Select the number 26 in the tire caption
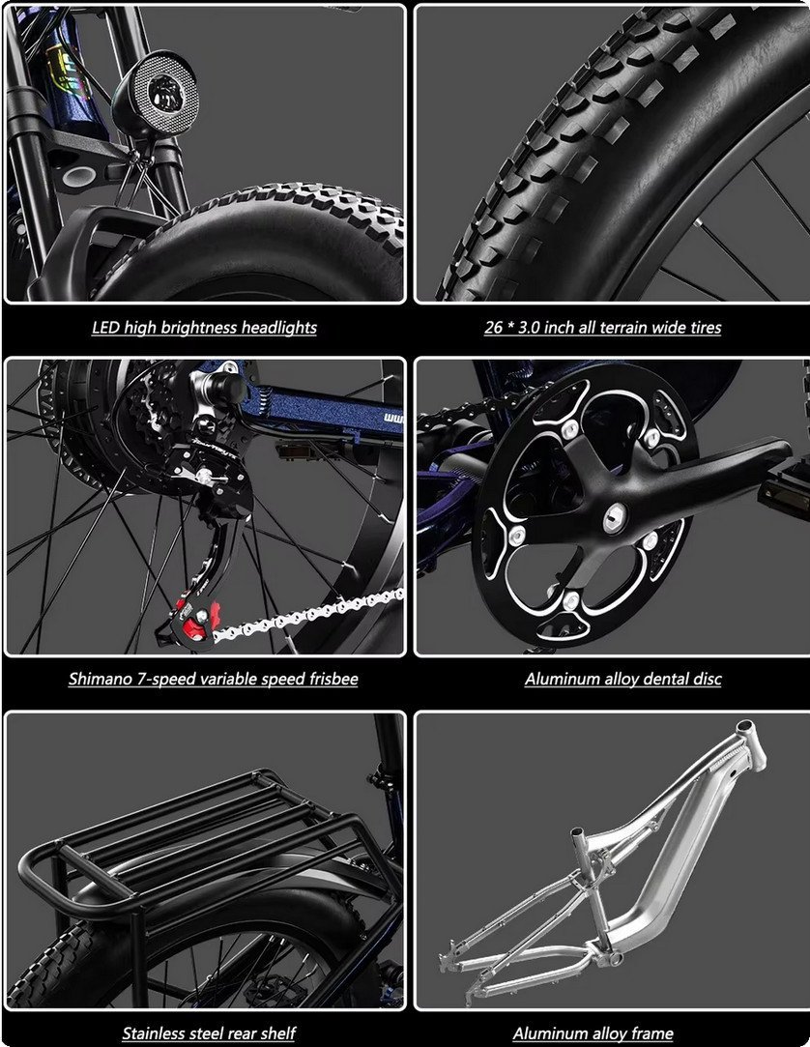pyautogui.click(x=494, y=328)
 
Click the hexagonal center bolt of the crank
pyautogui.click(x=615, y=517)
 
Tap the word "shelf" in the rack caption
pyautogui.click(x=277, y=1033)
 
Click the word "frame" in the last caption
pyautogui.click(x=651, y=1033)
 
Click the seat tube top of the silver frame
pyautogui.click(x=578, y=837)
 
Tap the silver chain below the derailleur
pyautogui.click(x=308, y=611)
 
